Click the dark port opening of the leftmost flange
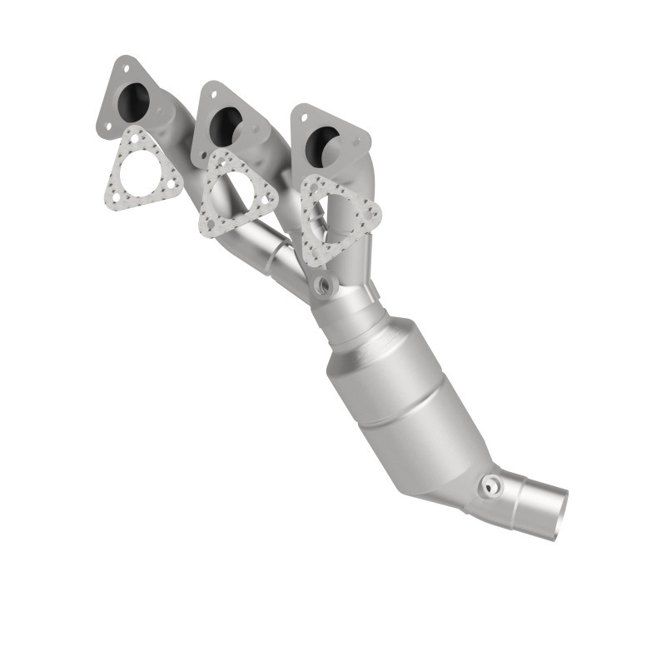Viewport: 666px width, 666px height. [134, 102]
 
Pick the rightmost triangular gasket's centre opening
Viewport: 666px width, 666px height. [336, 218]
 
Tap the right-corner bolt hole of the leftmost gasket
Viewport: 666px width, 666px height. [173, 185]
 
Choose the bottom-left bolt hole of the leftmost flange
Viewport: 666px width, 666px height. [106, 127]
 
